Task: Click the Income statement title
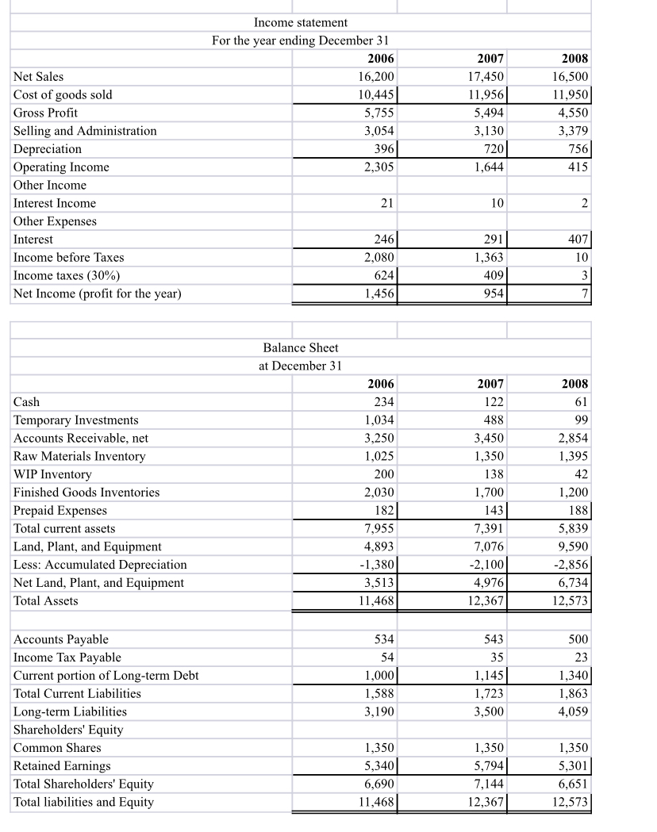[x=300, y=22]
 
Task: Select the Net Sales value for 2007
[x=483, y=77]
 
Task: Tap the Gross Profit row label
[x=46, y=113]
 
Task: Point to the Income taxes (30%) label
[x=64, y=276]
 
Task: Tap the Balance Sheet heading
[x=300, y=347]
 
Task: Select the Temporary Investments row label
[x=76, y=420]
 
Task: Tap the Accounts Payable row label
[x=61, y=639]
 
